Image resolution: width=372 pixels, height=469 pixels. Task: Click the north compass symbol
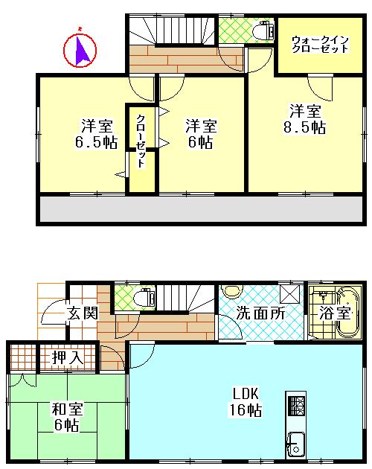coord(81,50)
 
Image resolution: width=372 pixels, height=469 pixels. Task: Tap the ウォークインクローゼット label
coord(320,43)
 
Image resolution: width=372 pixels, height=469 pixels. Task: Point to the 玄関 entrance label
coord(82,313)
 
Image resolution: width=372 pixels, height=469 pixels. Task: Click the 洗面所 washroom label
coord(260,313)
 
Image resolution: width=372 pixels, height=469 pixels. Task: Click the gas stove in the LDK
coord(296,406)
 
